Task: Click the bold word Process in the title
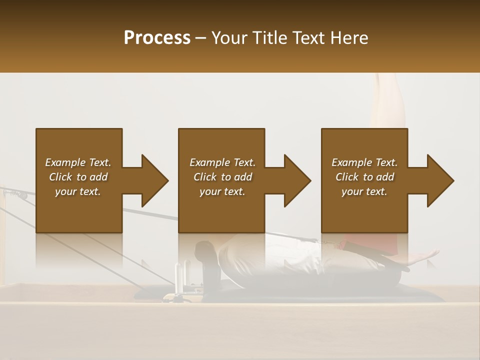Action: [x=157, y=38]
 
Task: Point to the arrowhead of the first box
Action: [x=154, y=180]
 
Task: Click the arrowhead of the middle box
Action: [x=297, y=180]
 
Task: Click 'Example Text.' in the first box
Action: [x=78, y=162]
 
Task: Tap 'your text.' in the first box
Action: [x=78, y=191]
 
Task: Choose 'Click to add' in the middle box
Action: [x=222, y=177]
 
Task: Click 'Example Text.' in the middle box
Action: [x=222, y=162]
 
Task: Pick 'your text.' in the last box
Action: [x=364, y=191]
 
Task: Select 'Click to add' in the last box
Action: [x=364, y=177]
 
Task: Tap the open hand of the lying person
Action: [x=422, y=257]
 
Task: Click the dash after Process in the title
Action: [x=201, y=38]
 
